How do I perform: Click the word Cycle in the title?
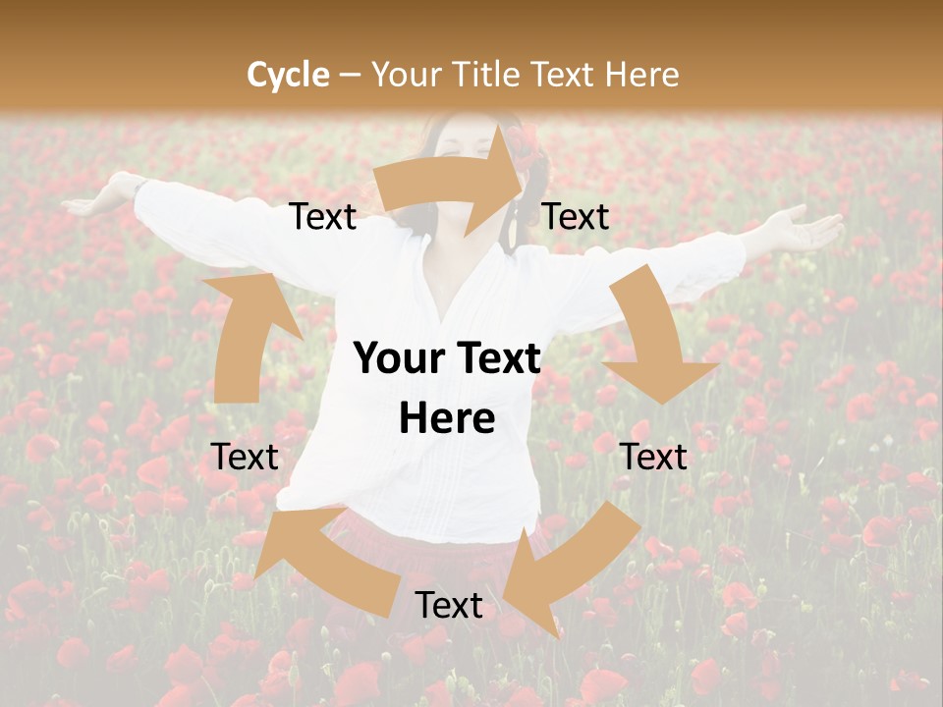[x=288, y=75]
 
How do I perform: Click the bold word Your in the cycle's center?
[x=396, y=359]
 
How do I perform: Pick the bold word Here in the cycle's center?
[x=447, y=419]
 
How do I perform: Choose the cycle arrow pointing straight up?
[x=241, y=334]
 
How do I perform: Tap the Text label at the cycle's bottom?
[x=449, y=606]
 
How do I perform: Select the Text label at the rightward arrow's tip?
[x=576, y=217]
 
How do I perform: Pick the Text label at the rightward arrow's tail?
[x=323, y=217]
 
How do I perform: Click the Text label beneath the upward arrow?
[x=245, y=457]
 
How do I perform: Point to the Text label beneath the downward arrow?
[x=653, y=457]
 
